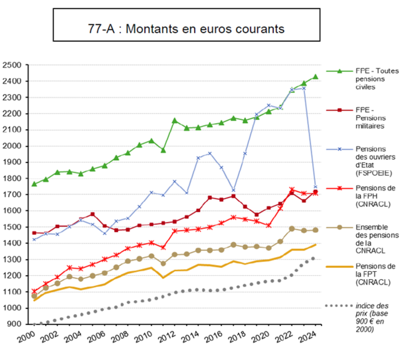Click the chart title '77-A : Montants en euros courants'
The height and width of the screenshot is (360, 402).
[186, 29]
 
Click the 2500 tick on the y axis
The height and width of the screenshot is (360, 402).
[12, 65]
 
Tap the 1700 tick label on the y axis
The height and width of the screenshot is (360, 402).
[12, 194]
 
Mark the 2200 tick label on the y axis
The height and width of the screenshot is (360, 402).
[12, 113]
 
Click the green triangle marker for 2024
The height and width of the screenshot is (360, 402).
[315, 77]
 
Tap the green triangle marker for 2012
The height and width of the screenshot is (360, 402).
[175, 120]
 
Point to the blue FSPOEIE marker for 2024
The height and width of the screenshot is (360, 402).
[315, 187]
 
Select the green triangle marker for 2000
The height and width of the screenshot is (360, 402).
[34, 184]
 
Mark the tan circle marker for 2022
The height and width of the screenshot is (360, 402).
[292, 229]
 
